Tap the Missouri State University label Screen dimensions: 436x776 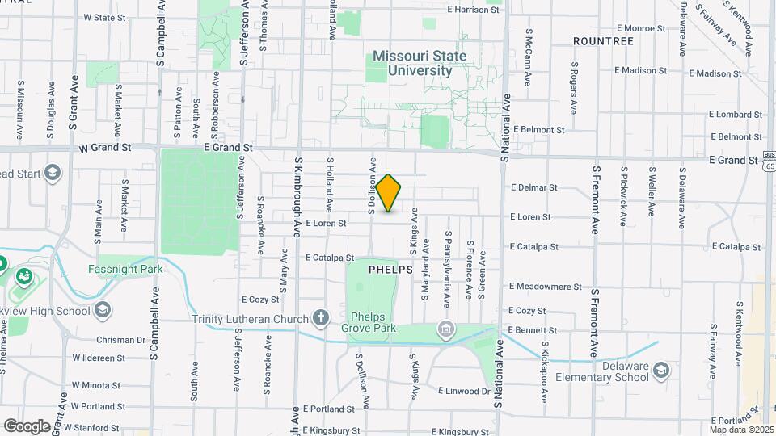pos(420,64)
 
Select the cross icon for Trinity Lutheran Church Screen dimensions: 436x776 pos(322,317)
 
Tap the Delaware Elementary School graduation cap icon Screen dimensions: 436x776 pos(661,371)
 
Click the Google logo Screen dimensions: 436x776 pos(27,426)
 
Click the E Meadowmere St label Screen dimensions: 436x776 pos(545,286)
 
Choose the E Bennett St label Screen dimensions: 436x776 pos(532,330)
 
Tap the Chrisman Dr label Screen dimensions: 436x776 pos(119,340)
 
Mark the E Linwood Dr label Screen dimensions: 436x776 pos(464,391)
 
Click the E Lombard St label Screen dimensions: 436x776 pos(736,115)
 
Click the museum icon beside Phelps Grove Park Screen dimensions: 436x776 pos(445,329)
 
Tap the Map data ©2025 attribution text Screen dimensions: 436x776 pos(741,429)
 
